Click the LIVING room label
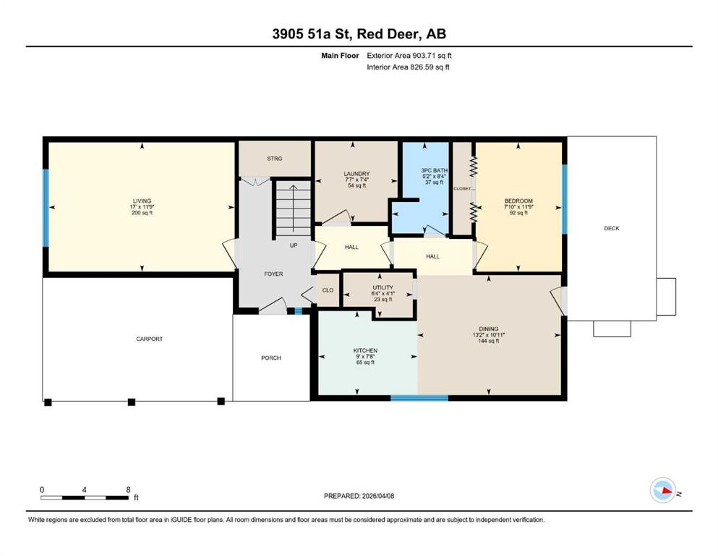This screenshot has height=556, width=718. [x=142, y=201]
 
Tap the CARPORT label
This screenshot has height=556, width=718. [x=149, y=340]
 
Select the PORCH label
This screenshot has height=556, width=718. [x=271, y=358]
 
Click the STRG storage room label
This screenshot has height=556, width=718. [x=275, y=159]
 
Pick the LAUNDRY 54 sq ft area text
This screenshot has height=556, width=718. [x=357, y=185]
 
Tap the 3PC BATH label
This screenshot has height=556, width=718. [x=434, y=171]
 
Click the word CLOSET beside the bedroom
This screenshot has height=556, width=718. [x=462, y=189]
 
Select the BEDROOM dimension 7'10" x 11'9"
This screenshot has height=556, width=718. [x=518, y=207]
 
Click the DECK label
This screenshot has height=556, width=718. [x=612, y=228]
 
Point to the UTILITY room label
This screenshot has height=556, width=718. [x=382, y=288]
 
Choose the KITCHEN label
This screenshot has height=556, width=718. [x=365, y=350]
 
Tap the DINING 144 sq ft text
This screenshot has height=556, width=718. [x=489, y=341]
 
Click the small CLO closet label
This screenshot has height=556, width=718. [x=328, y=290]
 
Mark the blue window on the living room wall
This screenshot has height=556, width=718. [x=46, y=208]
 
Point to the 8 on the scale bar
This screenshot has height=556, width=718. [x=128, y=489]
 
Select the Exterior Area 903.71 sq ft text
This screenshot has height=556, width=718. [x=409, y=56]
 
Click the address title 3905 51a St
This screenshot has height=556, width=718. [x=312, y=34]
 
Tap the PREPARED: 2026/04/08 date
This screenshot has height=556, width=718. [x=359, y=496]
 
